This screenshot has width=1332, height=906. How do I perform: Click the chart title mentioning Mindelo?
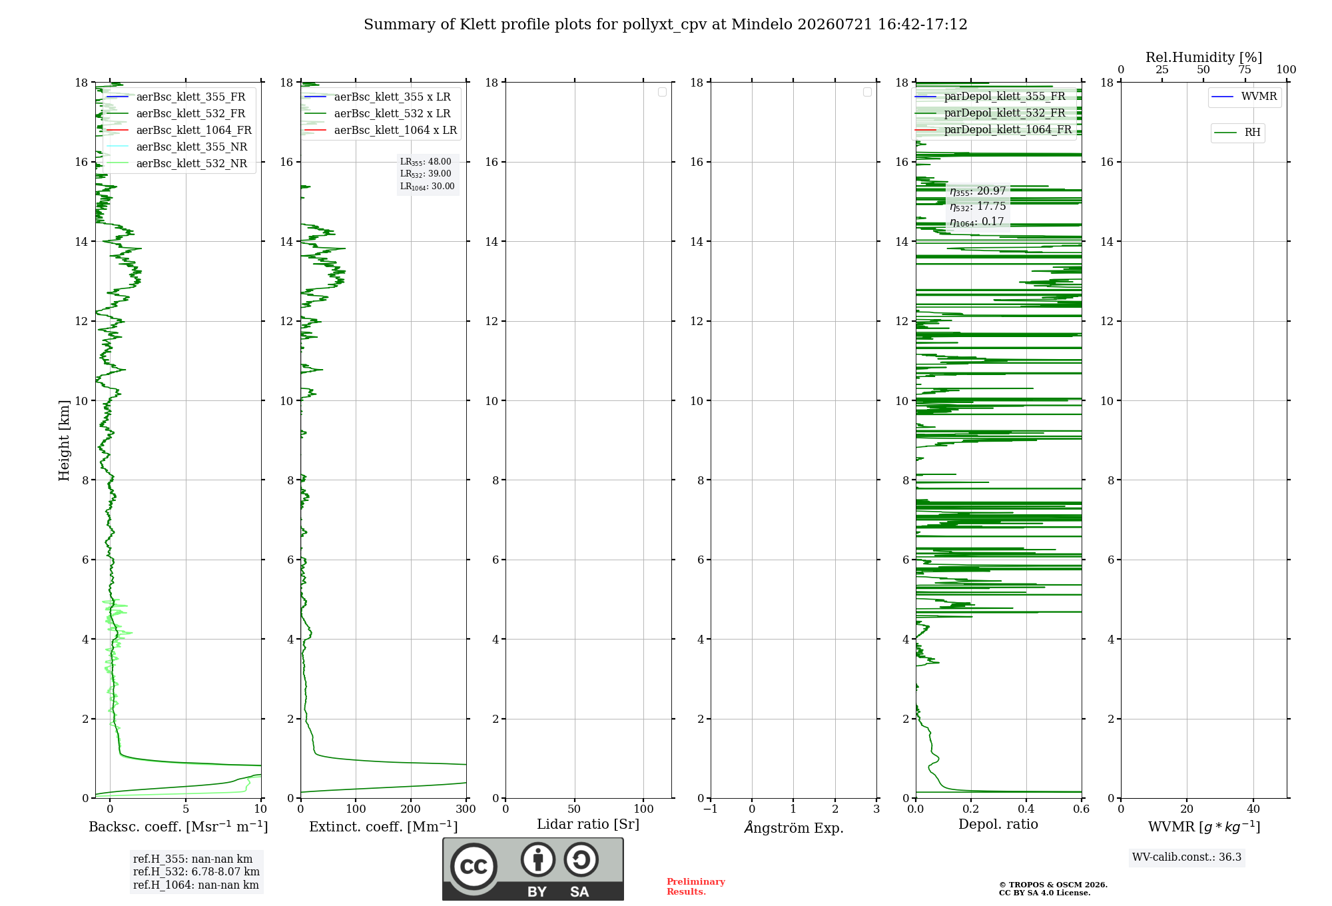(665, 25)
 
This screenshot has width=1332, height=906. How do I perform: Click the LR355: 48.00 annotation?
(426, 162)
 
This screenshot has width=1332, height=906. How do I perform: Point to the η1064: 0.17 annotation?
(977, 222)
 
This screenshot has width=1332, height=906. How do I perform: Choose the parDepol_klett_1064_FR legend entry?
(993, 129)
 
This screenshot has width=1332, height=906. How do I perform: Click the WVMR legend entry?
(1244, 97)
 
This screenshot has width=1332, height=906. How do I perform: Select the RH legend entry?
(1237, 133)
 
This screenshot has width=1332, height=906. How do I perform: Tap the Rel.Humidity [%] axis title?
(1203, 57)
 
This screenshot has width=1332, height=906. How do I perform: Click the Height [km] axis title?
(64, 440)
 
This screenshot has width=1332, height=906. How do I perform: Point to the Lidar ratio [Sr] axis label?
(588, 824)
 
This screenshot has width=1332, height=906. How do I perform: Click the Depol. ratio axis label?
(998, 824)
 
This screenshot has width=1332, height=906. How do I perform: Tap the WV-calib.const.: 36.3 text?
(1187, 857)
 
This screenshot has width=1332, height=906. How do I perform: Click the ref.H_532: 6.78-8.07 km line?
(196, 871)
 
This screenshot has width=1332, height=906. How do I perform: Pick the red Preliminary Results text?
(696, 887)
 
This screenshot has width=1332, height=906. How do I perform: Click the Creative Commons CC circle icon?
(474, 867)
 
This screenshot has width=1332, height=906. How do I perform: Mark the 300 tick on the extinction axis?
(466, 809)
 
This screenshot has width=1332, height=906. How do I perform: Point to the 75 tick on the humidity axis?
(1245, 70)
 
